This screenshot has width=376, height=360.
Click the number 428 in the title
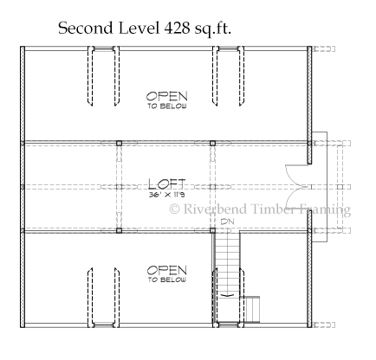coord(177,29)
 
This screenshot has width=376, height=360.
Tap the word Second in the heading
coord(86,29)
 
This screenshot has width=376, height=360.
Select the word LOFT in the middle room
coord(166,184)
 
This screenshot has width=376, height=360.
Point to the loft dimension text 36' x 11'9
coord(166,195)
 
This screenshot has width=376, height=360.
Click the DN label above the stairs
coord(227,222)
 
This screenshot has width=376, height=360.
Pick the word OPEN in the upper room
coord(166,96)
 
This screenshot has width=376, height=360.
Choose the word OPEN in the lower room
coord(166,270)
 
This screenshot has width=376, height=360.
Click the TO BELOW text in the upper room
coord(167,106)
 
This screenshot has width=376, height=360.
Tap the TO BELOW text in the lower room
coord(167,280)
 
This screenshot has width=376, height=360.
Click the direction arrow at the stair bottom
coord(227,295)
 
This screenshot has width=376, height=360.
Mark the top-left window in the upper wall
coord(103,49)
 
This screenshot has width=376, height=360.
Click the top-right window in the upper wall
coord(228,49)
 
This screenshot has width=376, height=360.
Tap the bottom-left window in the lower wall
coord(103,325)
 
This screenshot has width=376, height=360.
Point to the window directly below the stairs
coord(228,325)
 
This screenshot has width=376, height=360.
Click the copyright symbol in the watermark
coord(174,209)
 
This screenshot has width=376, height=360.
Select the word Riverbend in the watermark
coord(215,209)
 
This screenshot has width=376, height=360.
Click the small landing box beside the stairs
coord(252,309)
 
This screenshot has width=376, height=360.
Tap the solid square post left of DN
coord(212,230)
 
